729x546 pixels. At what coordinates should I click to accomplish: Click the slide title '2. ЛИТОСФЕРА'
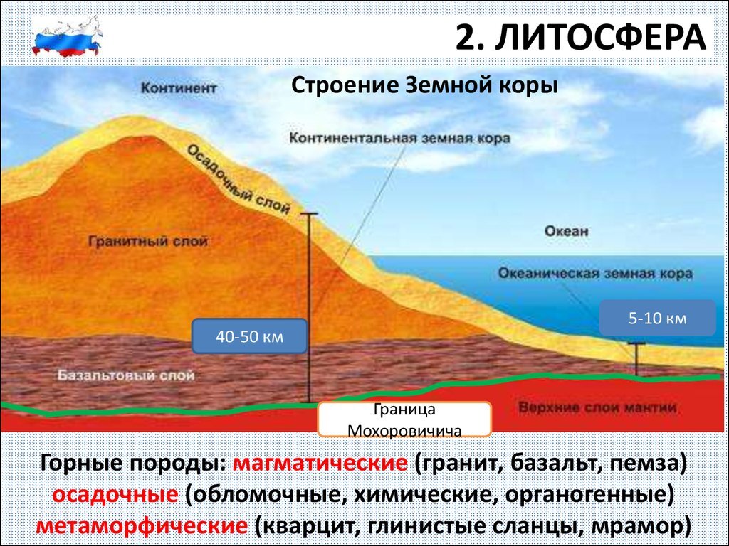(582, 38)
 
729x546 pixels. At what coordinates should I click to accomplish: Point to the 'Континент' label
(178, 89)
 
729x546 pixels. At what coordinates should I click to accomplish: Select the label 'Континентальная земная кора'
(399, 138)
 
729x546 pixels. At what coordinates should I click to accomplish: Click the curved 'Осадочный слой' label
(238, 178)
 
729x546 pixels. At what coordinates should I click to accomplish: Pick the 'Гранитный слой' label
(148, 242)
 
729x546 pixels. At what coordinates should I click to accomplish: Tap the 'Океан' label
(566, 231)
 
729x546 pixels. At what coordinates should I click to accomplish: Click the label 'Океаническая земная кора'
(594, 274)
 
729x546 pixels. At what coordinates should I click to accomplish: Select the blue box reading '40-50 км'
(249, 336)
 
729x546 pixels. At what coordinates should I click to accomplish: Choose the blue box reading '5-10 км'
(657, 318)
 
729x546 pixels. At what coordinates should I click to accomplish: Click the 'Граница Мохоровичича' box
(404, 419)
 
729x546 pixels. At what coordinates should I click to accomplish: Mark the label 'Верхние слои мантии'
(597, 408)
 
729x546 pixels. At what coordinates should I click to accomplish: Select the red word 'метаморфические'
(141, 527)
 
